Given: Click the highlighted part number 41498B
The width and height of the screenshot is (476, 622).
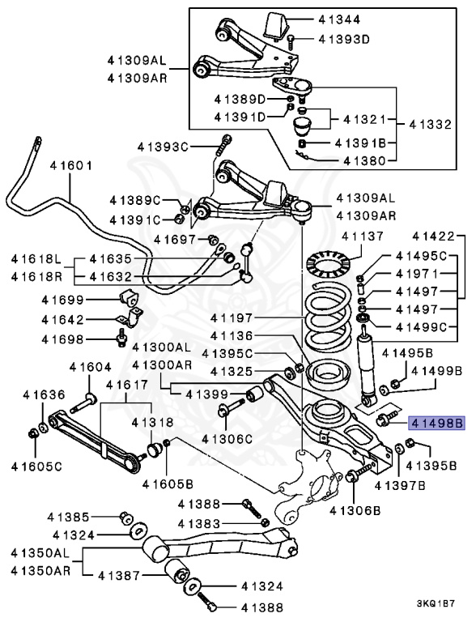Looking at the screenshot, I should point(438,422).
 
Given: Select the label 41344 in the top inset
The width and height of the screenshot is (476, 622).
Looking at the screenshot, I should point(335,19).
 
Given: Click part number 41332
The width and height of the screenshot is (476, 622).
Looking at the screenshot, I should point(435,125).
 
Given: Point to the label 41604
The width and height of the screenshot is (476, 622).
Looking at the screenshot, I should point(91,367).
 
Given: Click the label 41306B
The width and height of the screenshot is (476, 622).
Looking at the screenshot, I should point(355,510).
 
